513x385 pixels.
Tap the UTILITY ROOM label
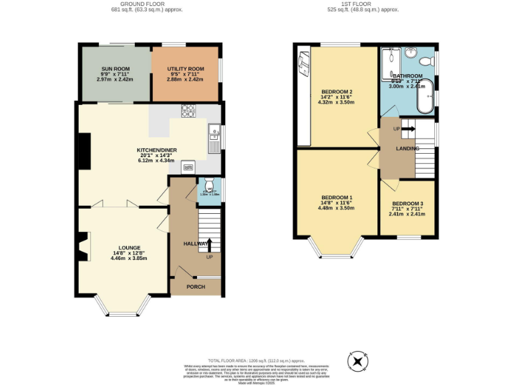pos(184,69)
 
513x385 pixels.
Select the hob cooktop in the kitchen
pos(186,111)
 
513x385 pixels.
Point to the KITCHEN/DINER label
pos(156,150)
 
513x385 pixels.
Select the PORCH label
pos(196,287)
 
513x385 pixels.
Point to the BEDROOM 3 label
pos(407,203)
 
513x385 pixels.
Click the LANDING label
pos(407,148)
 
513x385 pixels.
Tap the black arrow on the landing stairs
pos(408,129)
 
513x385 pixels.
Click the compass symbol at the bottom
pos(358,362)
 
